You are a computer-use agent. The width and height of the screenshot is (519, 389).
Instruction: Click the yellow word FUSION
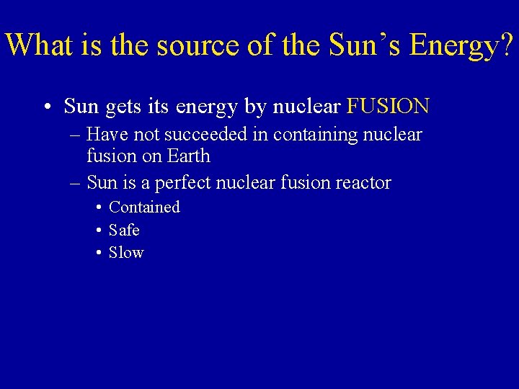click(388, 107)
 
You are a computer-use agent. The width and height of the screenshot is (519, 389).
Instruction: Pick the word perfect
click(184, 183)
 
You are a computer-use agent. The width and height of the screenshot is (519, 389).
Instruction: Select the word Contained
click(144, 207)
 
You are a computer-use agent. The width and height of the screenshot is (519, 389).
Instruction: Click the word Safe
click(124, 231)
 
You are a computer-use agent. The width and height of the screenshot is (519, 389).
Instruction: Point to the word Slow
click(126, 253)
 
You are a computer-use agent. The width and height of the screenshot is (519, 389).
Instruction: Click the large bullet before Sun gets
click(46, 108)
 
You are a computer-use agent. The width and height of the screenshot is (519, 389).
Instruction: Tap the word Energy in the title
click(451, 45)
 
